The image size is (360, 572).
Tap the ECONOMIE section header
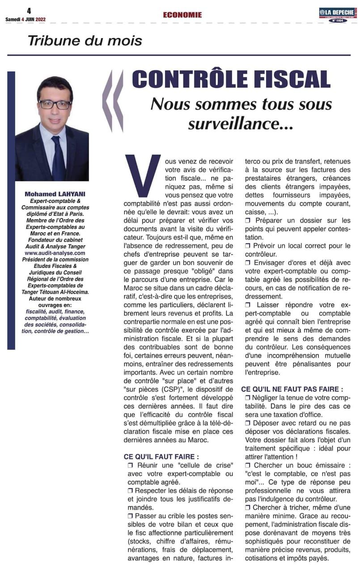(x=182, y=15)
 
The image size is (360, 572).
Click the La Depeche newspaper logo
(x=338, y=13)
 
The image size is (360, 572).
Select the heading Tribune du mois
(x=85, y=41)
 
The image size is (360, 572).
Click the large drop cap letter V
(x=143, y=174)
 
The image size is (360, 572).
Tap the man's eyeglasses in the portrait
(x=55, y=104)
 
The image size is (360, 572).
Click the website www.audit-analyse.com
(x=55, y=253)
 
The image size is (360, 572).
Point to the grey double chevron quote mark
(x=113, y=101)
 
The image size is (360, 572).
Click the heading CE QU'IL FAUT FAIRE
(x=161, y=457)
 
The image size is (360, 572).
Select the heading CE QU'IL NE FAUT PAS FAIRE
(x=292, y=389)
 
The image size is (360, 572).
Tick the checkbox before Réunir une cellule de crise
(x=131, y=466)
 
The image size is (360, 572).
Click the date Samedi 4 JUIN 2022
(x=25, y=19)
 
